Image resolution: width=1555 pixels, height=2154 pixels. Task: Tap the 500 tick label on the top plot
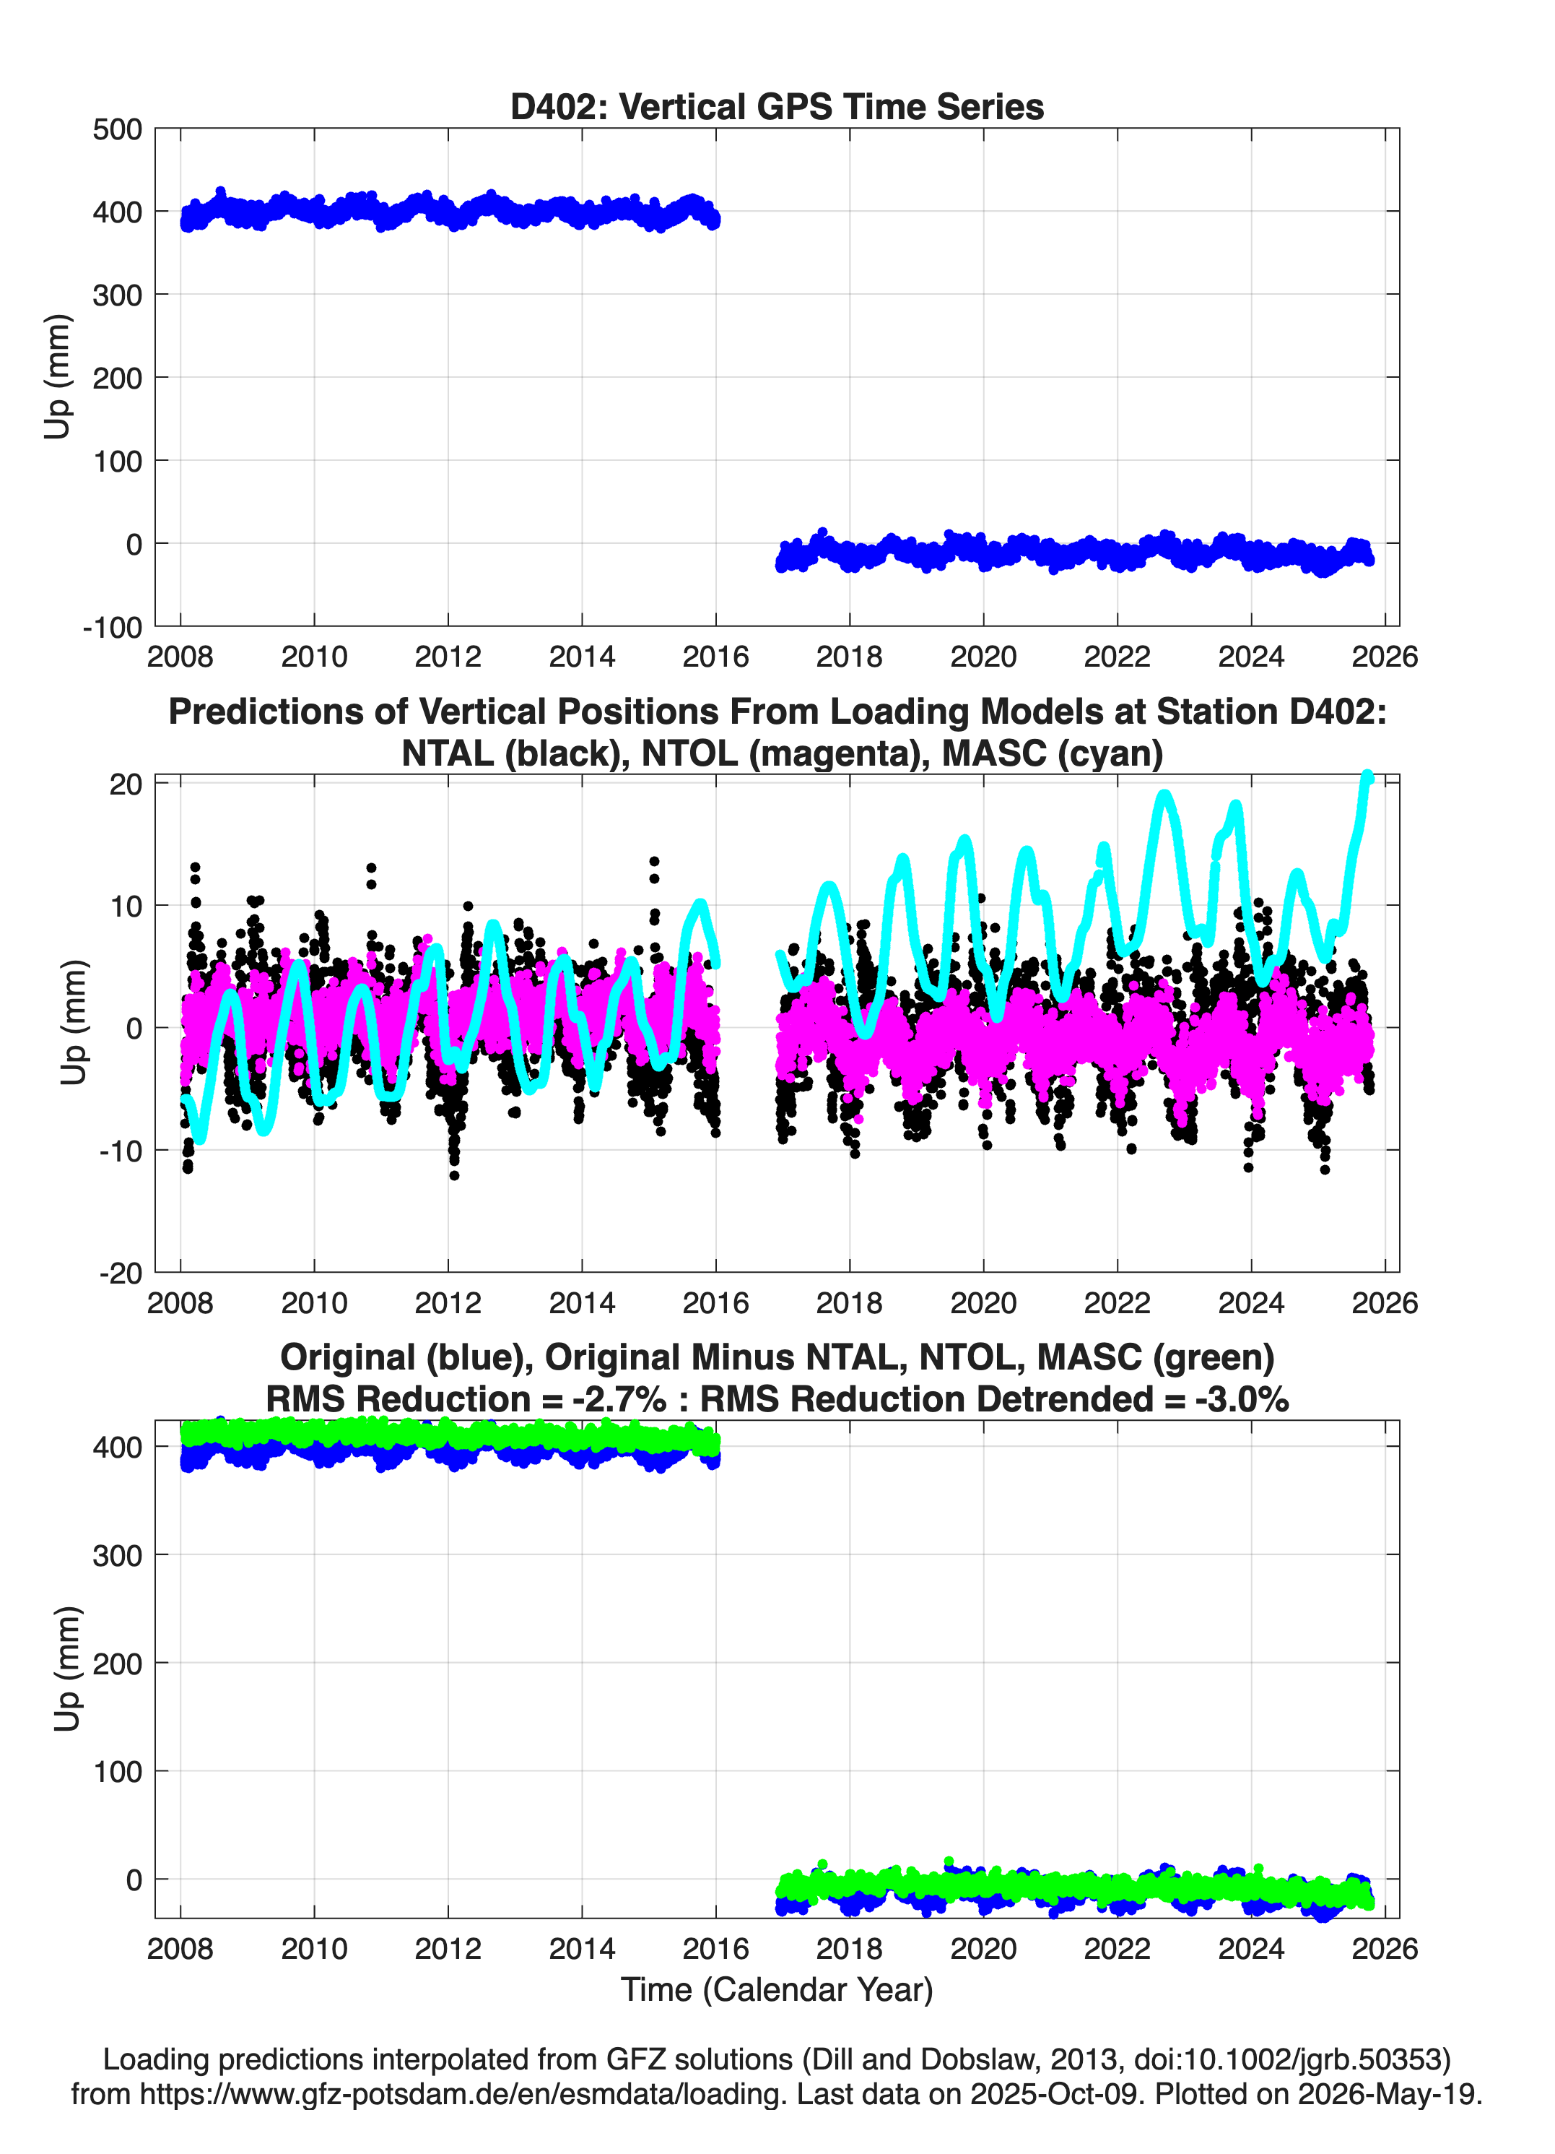117,129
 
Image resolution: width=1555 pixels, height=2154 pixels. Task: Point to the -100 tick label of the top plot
112,628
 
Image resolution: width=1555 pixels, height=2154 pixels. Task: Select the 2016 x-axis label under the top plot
716,657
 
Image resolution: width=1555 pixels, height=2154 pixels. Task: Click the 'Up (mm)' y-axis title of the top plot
58,376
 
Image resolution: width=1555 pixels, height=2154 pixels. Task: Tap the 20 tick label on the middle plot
126,784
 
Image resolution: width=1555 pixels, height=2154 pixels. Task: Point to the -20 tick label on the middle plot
121,1273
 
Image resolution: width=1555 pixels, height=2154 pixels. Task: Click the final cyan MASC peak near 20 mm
1367,777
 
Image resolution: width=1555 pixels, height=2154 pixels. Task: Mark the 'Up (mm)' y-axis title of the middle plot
74,1022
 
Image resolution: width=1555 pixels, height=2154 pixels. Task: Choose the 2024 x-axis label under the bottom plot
1251,1949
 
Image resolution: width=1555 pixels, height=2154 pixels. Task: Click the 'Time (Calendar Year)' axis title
777,1990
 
